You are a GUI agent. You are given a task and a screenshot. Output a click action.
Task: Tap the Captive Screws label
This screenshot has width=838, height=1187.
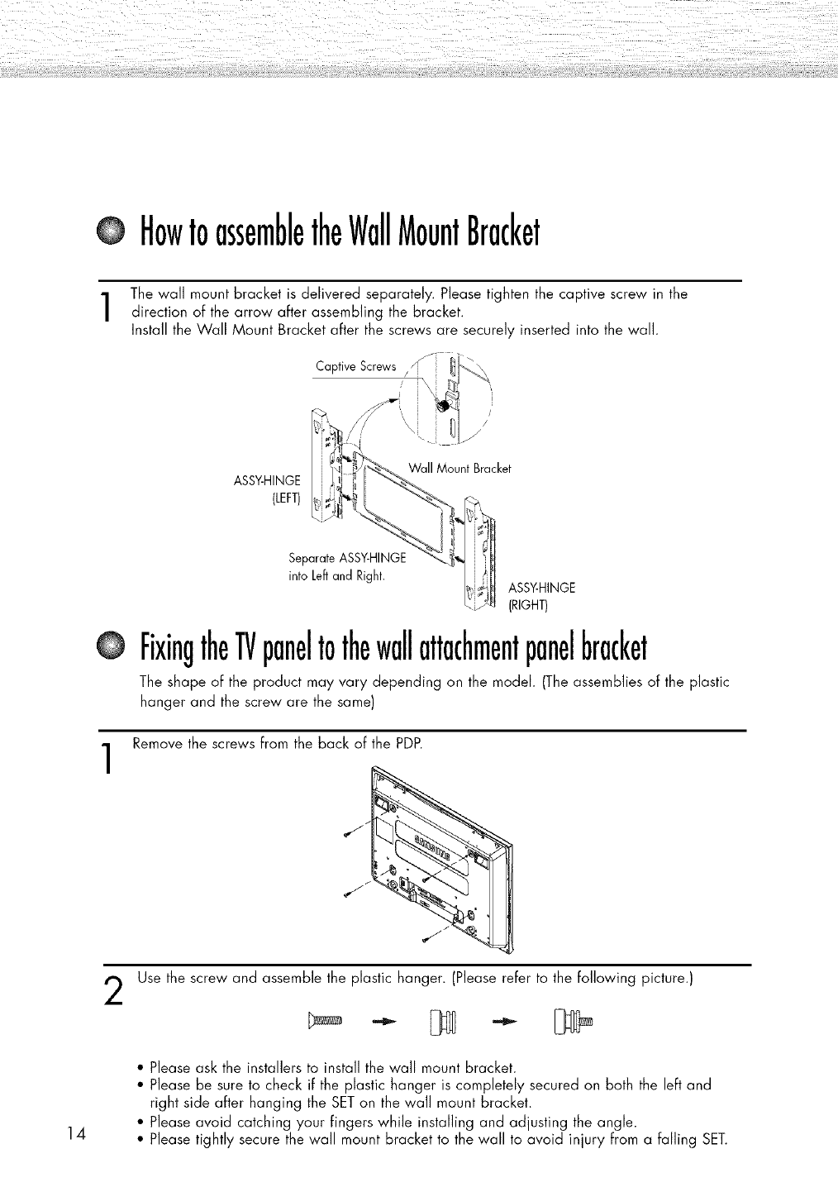pyautogui.click(x=356, y=367)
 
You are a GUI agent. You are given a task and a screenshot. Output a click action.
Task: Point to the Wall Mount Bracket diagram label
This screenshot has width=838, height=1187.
pyautogui.click(x=459, y=469)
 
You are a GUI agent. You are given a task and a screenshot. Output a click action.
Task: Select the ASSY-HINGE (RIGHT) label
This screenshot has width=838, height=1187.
pyautogui.click(x=541, y=595)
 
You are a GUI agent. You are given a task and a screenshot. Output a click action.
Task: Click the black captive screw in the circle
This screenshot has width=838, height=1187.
pyautogui.click(x=442, y=406)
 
